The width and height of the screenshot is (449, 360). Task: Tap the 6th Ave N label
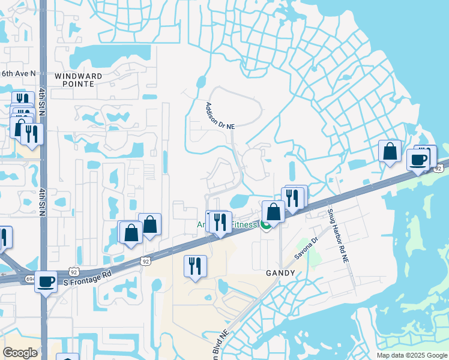click(18, 73)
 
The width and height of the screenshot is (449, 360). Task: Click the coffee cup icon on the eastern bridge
click(418, 160)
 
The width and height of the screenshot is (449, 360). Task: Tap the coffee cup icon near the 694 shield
click(46, 281)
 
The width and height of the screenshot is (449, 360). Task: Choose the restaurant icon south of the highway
click(195, 265)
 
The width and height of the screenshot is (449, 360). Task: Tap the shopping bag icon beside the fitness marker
click(274, 212)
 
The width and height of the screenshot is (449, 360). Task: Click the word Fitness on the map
click(243, 225)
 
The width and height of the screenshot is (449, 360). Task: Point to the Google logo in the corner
click(20, 352)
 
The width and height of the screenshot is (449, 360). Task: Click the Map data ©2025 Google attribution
click(412, 355)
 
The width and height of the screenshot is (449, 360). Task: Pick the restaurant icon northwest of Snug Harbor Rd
click(292, 197)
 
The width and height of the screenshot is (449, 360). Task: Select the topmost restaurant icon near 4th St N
click(21, 100)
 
